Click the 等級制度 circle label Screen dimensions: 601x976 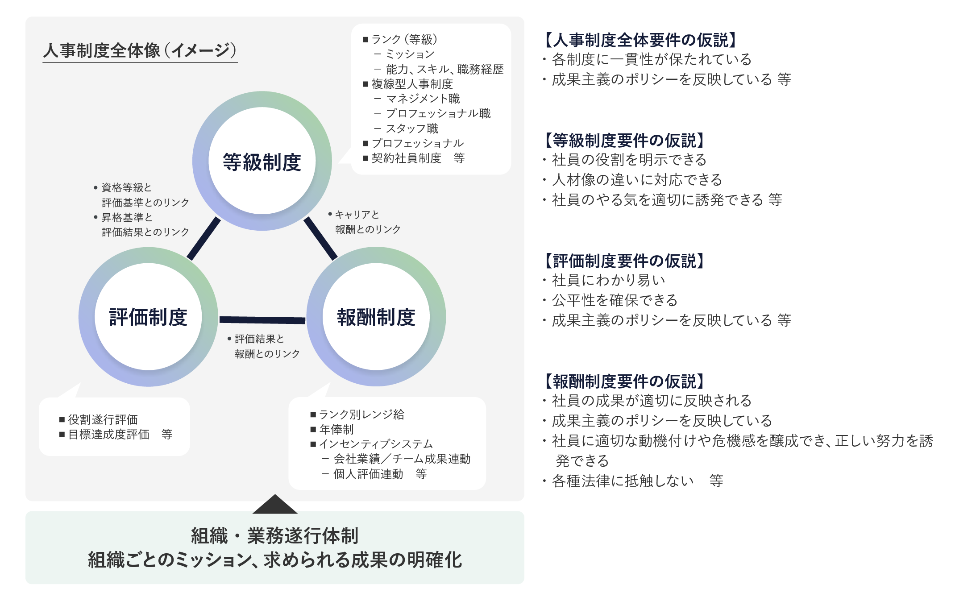pyautogui.click(x=262, y=162)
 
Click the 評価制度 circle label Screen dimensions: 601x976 pyautogui.click(x=148, y=317)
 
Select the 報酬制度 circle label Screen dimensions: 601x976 pyautogui.click(x=376, y=317)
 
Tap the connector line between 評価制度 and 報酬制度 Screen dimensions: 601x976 pyautogui.click(x=262, y=319)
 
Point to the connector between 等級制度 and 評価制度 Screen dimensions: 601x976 pyautogui.click(x=204, y=238)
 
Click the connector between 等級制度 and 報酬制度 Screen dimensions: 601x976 pyautogui.click(x=320, y=238)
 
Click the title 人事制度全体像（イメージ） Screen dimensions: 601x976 pyautogui.click(x=140, y=50)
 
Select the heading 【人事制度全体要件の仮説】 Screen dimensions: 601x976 pyautogui.click(x=639, y=40)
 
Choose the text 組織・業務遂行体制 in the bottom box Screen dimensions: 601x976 pyautogui.click(x=275, y=536)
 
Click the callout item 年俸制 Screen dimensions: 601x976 pyautogui.click(x=336, y=429)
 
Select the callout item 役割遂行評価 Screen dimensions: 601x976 pyautogui.click(x=103, y=419)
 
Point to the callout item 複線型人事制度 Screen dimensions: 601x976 pyautogui.click(x=412, y=84)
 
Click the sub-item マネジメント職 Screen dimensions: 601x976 pyautogui.click(x=423, y=99)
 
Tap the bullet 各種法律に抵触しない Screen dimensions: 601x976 pyautogui.click(x=623, y=481)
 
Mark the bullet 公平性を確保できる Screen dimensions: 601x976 pyautogui.click(x=615, y=300)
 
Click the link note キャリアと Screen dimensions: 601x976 pyautogui.click(x=357, y=215)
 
